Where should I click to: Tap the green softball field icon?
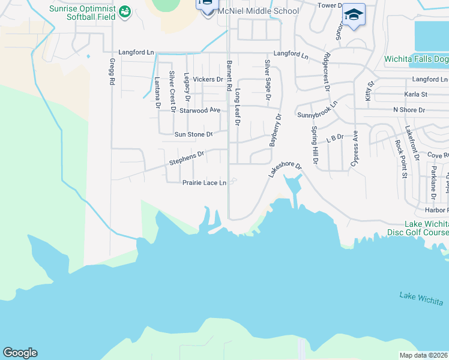coord(125,11)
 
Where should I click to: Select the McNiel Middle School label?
coord(259,11)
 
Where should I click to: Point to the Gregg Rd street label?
coord(112,70)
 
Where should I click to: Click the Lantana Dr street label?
coord(157,92)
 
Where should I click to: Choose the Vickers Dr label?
coord(208,79)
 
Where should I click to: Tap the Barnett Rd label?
coord(229,75)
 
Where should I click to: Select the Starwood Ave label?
coord(200,110)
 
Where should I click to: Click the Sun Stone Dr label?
coord(193,134)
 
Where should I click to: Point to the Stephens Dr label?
coord(187,158)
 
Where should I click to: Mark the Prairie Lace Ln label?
coord(204,182)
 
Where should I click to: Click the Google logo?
coord(20,353)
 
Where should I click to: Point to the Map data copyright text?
coord(424,355)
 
